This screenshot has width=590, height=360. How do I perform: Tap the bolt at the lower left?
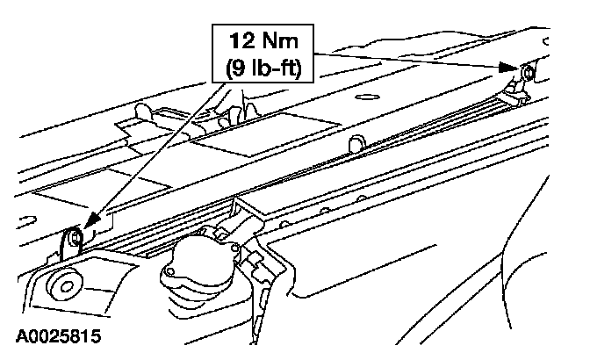76,235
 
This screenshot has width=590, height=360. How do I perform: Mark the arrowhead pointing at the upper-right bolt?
514,67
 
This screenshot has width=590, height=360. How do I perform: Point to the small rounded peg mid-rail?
356,143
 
